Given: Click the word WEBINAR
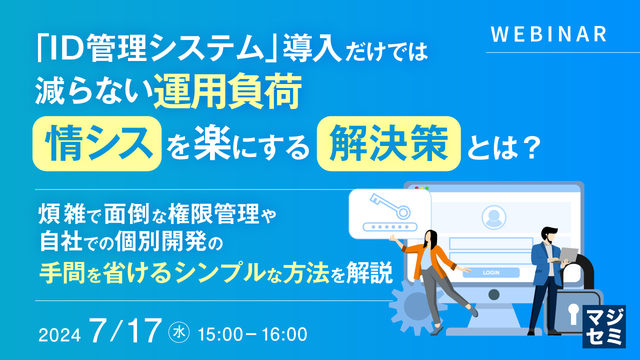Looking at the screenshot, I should pyautogui.click(x=548, y=34).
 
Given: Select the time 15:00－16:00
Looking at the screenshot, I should pyautogui.click(x=252, y=334).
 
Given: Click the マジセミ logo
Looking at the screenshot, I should pyautogui.click(x=604, y=326).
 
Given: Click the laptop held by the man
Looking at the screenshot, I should pyautogui.click(x=567, y=254).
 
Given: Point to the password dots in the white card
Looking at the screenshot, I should pyautogui.click(x=390, y=226).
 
